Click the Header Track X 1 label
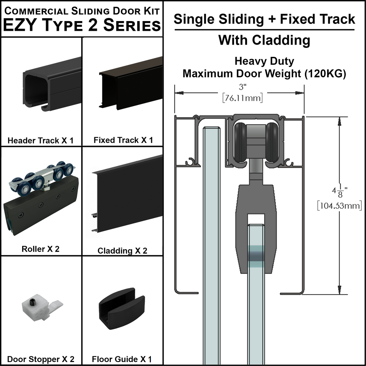40,140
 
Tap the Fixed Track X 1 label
123,140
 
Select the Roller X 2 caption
40,249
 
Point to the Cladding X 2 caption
122,251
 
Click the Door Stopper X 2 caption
41,359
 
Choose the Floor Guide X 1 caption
122,359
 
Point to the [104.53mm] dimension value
339,205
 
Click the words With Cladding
264,40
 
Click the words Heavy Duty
264,61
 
